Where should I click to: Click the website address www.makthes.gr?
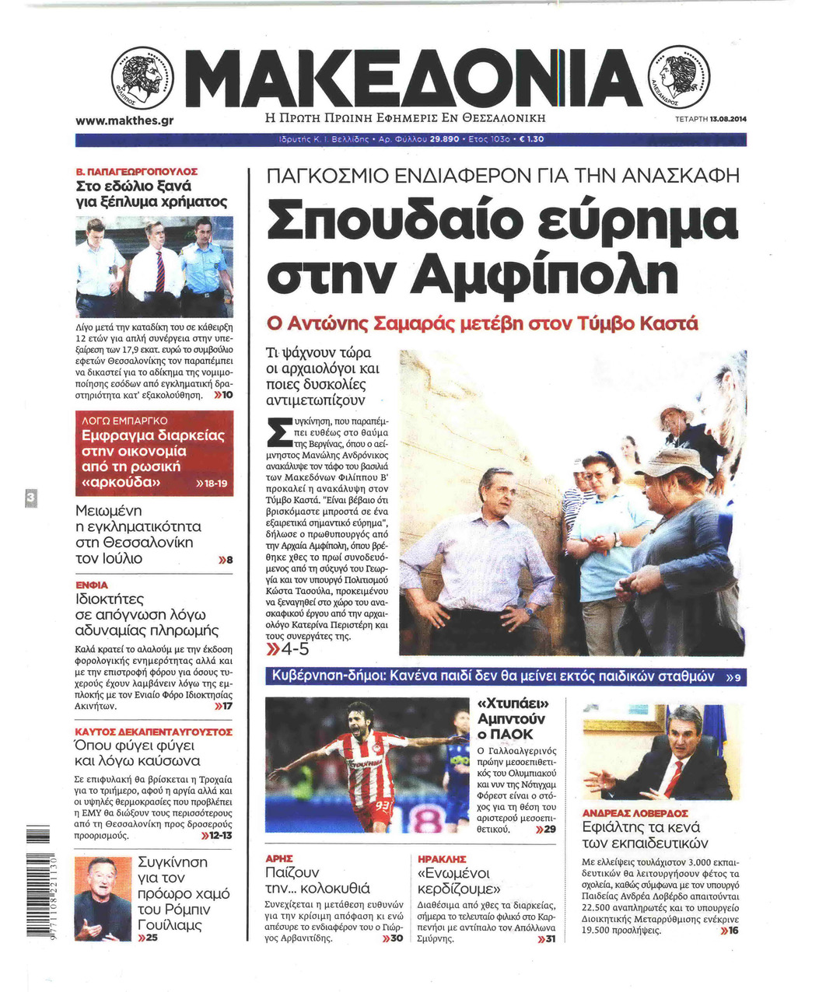click(124, 121)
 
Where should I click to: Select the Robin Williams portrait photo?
click(103, 899)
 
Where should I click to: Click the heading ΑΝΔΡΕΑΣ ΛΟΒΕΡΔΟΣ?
click(635, 813)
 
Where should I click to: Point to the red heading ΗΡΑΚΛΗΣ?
click(442, 859)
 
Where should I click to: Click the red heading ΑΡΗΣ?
click(279, 859)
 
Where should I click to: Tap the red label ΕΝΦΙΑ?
click(91, 585)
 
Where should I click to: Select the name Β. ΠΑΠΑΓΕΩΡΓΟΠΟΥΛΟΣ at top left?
click(136, 171)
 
